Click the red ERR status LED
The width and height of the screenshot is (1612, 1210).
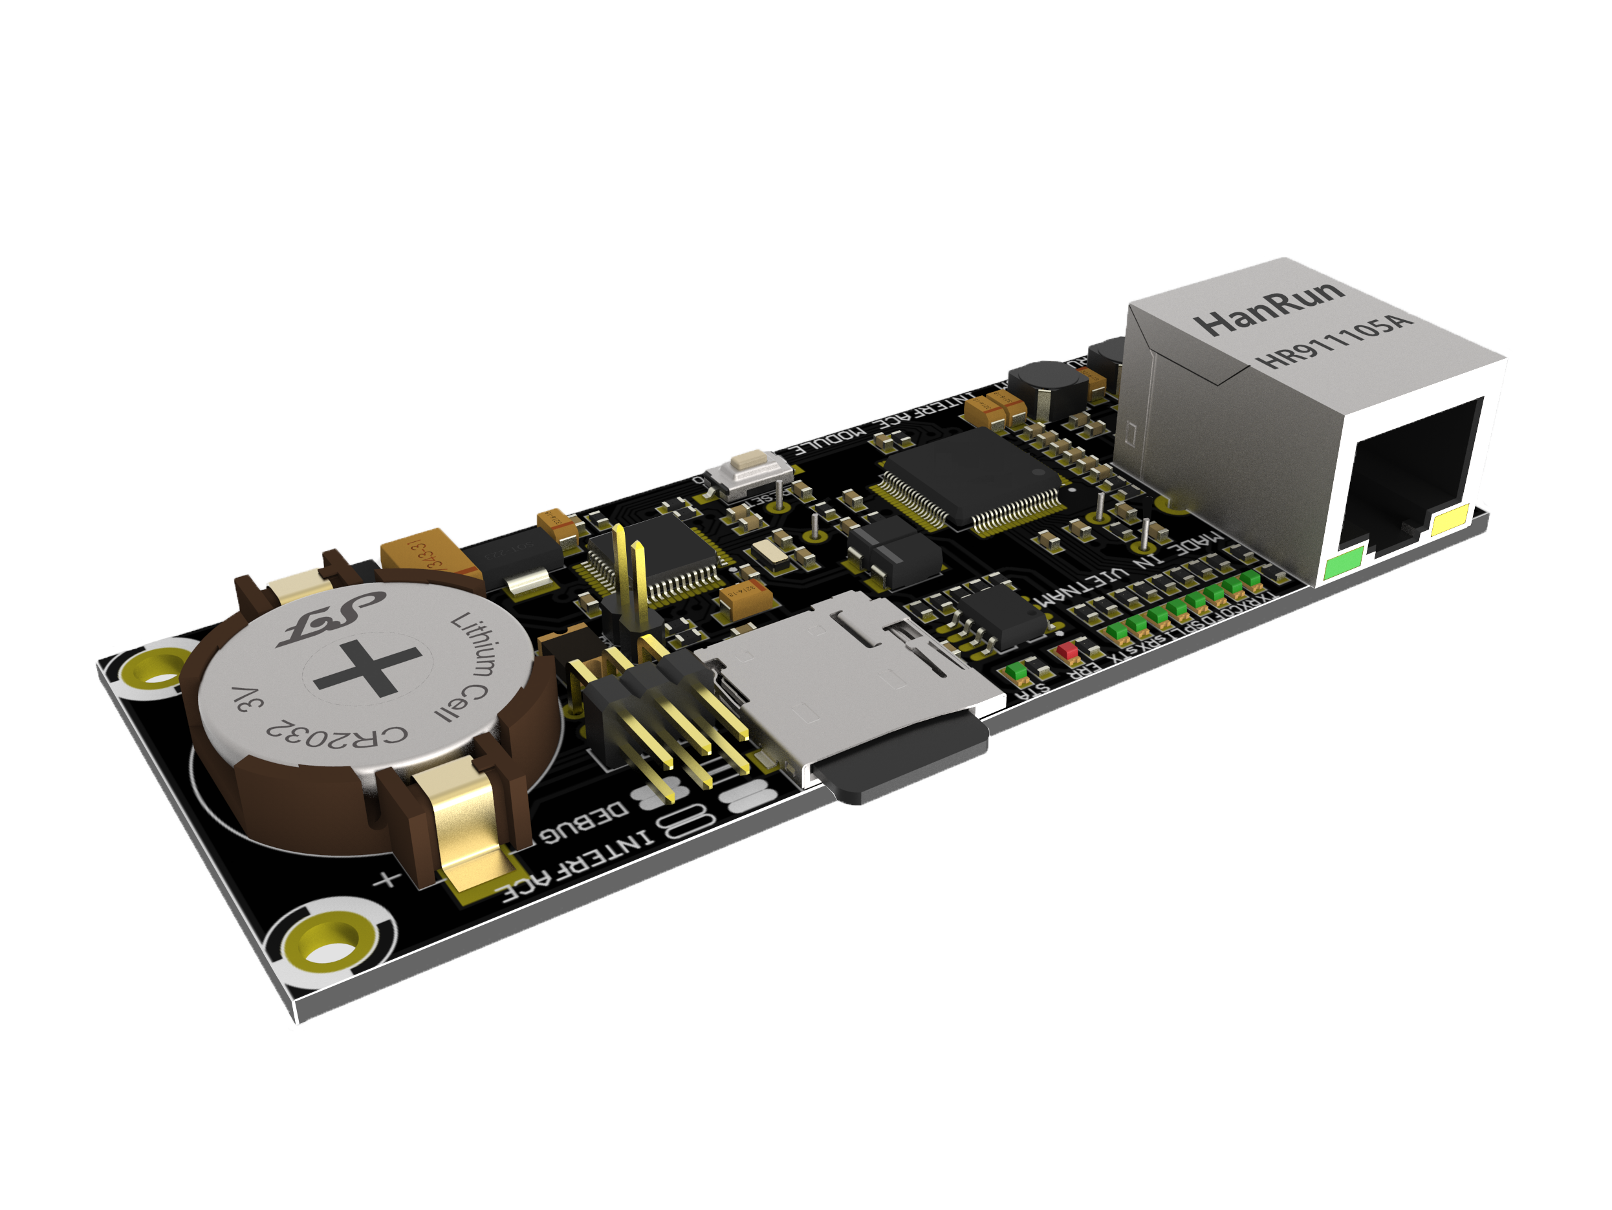(1067, 650)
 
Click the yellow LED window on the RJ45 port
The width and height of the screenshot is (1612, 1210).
(1450, 522)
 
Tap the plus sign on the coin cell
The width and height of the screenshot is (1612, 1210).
(368, 667)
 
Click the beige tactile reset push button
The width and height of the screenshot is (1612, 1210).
(750, 461)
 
